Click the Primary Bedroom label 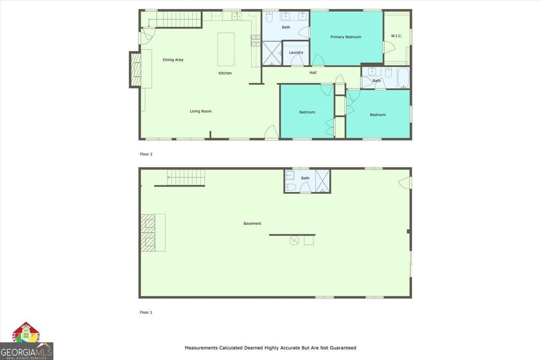click(346, 37)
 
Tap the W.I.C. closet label click(396, 36)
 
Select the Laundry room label click(296, 53)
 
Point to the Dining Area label click(173, 60)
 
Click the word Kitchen click(225, 73)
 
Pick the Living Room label click(201, 111)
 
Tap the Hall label click(313, 73)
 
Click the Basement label click(252, 224)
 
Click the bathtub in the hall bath click(403, 78)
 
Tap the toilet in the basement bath click(290, 187)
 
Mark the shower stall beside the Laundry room click(272, 53)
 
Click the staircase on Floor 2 click(174, 20)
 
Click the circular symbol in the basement click(294, 240)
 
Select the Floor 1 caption click(146, 312)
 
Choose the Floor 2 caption click(146, 155)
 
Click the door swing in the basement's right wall click(405, 182)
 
